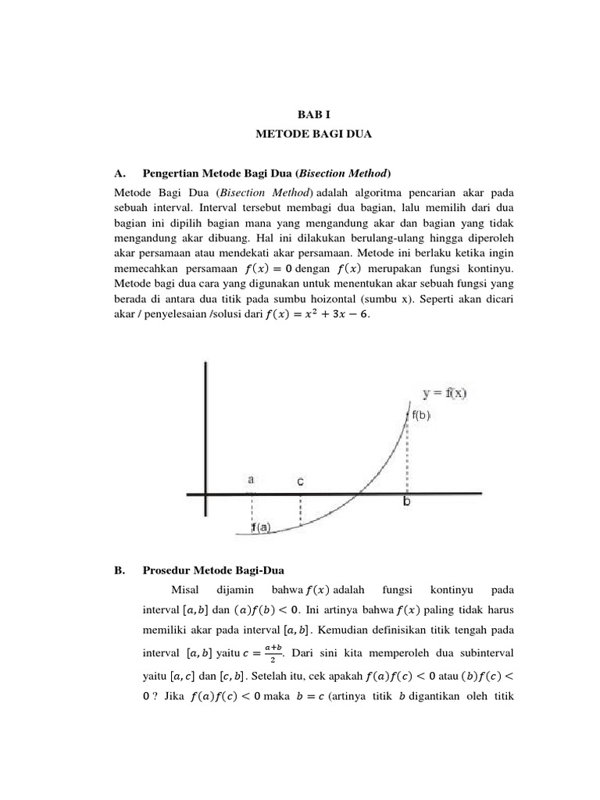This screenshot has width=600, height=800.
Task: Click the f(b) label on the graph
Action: click(x=421, y=416)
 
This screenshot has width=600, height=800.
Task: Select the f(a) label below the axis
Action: click(x=260, y=527)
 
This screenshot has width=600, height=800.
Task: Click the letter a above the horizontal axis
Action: click(x=251, y=480)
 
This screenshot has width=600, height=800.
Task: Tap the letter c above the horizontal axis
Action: click(x=300, y=482)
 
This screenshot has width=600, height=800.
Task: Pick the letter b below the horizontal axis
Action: click(x=406, y=503)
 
